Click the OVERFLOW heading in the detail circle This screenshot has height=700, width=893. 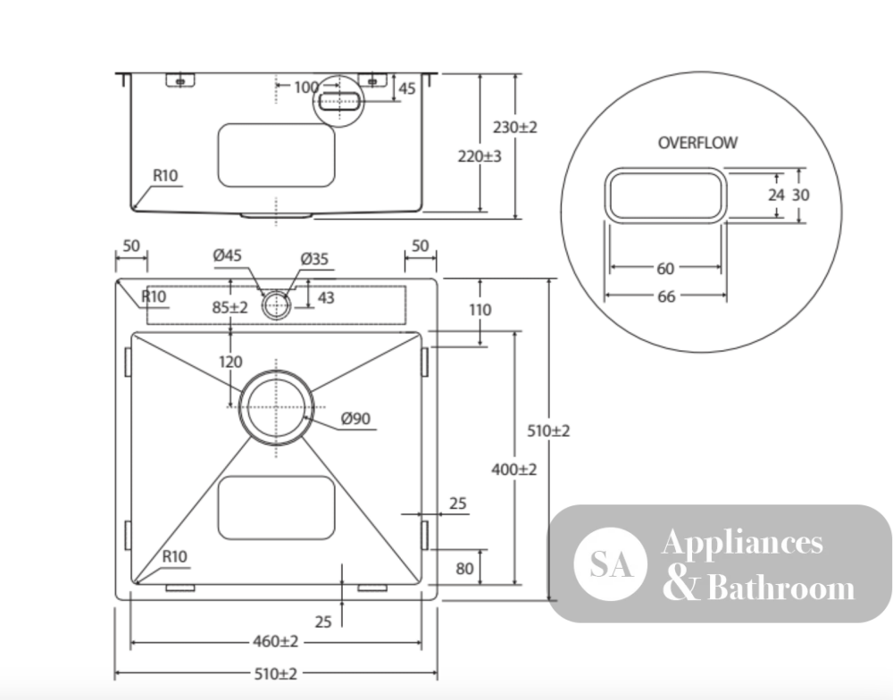click(x=697, y=142)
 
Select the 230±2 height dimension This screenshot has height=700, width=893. click(x=515, y=127)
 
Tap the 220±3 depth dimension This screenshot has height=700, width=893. click(x=480, y=156)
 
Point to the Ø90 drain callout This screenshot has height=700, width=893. click(x=356, y=419)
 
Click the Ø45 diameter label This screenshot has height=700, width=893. click(x=227, y=255)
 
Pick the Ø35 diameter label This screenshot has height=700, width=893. click(x=314, y=259)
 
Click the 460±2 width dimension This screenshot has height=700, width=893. click(x=276, y=642)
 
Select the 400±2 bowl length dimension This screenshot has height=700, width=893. click(x=513, y=470)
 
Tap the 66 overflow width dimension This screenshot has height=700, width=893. click(x=666, y=296)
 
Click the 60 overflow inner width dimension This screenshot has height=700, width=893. click(x=665, y=268)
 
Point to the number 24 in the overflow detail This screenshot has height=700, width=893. click(x=776, y=195)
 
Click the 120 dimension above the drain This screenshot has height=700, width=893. click(x=230, y=362)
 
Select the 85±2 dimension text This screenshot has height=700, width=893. click(x=230, y=307)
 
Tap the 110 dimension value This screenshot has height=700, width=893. click(x=480, y=310)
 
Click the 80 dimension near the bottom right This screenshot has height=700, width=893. click(x=464, y=569)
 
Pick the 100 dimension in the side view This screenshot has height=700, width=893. click(x=306, y=87)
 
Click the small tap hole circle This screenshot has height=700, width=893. click(x=276, y=306)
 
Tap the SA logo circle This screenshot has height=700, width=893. click(x=611, y=564)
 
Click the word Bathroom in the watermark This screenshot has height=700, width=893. click(x=781, y=587)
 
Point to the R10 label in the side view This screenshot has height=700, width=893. click(x=165, y=175)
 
